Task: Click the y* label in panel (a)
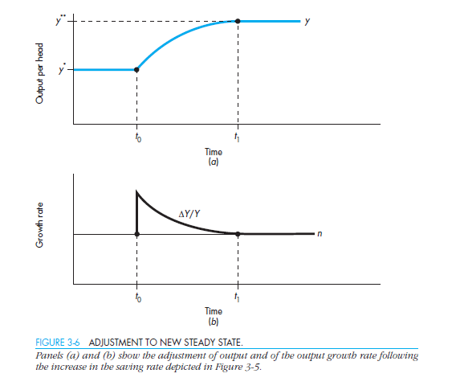coord(60,69)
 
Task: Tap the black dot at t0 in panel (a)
coord(136,70)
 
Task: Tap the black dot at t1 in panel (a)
coord(238,20)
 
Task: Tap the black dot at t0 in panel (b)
coord(136,234)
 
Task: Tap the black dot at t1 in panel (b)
coord(238,234)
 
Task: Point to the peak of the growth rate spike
coord(136,191)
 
